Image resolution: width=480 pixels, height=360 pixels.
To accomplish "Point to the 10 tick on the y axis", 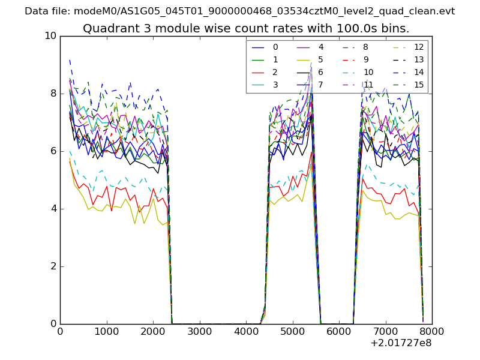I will [50, 36].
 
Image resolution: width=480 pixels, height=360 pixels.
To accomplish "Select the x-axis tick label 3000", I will [199, 331].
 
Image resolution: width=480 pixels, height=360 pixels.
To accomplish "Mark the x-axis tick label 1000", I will [106, 331].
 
